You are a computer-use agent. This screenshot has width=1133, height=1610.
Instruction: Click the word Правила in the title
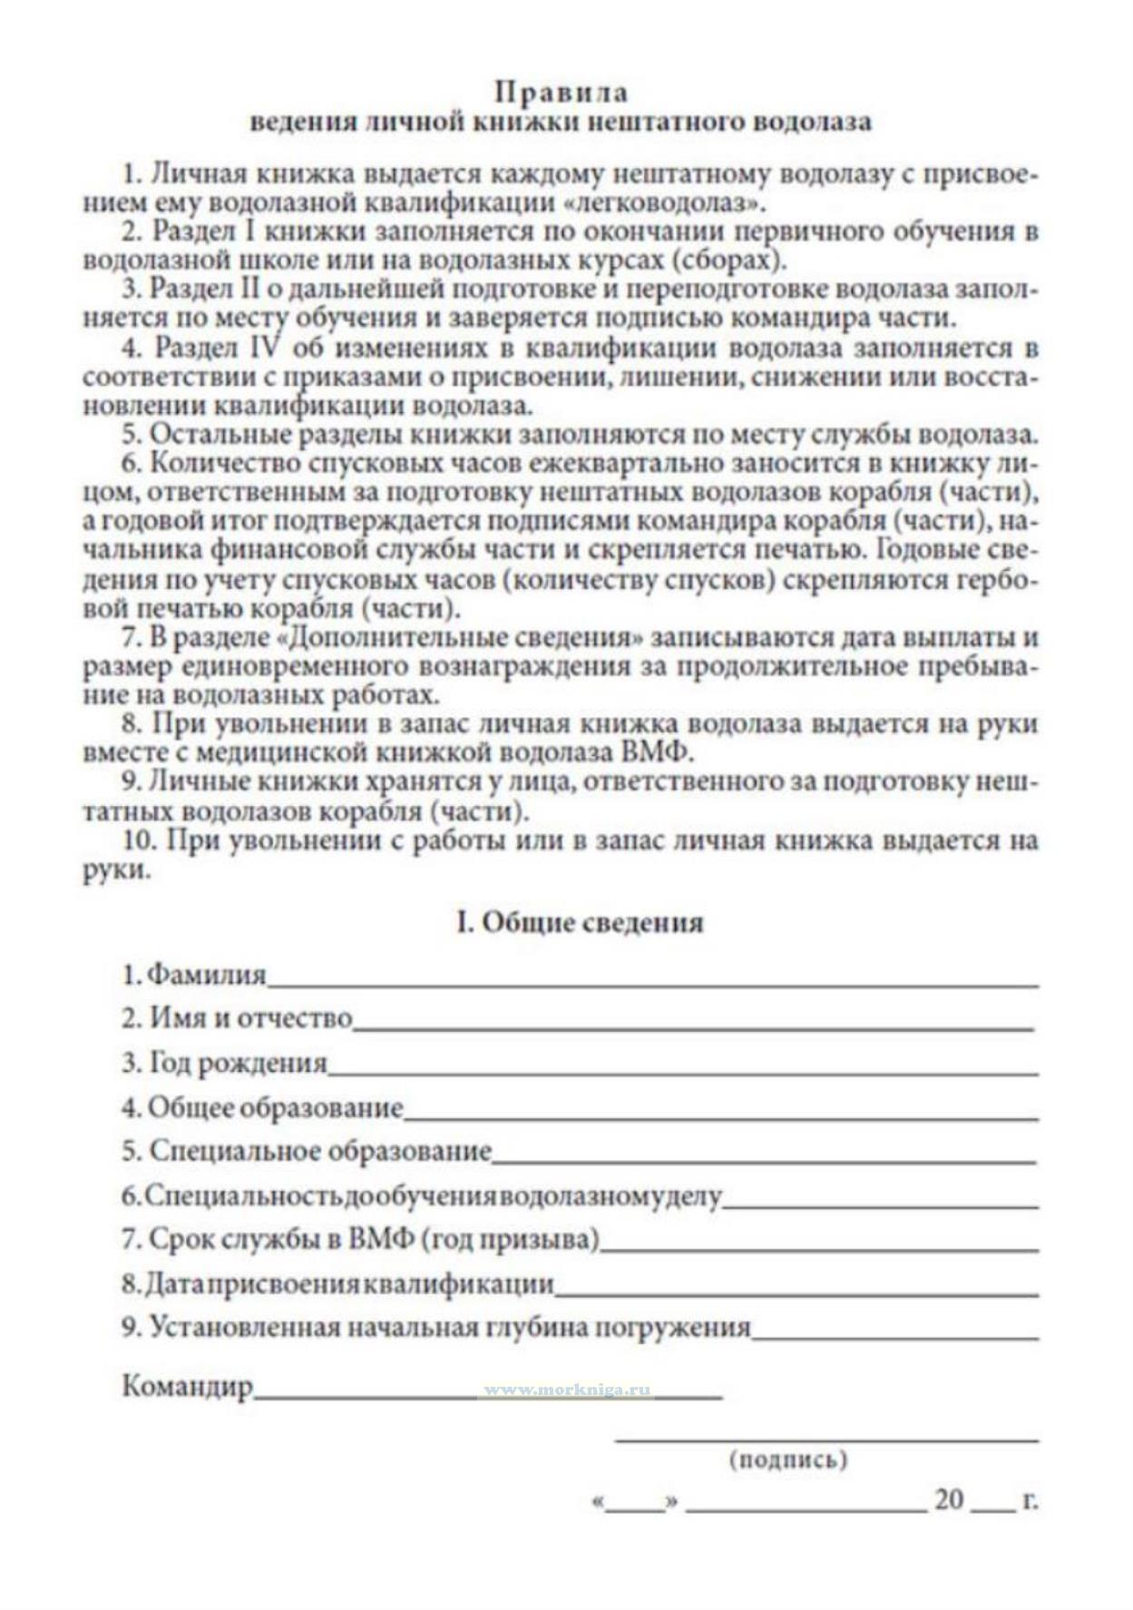coord(562,92)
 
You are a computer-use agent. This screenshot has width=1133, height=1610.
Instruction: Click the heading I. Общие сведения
coord(580,922)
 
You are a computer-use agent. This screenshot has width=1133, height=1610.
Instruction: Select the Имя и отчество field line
coord(693,1026)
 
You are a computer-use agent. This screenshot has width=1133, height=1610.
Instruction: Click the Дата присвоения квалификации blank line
coord(796,1292)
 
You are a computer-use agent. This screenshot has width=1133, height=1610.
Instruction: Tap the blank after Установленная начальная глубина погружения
coord(895,1336)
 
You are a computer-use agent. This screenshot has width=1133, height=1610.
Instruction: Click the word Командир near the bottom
coord(188,1387)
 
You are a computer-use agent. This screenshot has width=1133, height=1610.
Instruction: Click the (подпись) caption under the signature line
coord(788,1460)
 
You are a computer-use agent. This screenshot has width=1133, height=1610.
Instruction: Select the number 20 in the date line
coord(949,1499)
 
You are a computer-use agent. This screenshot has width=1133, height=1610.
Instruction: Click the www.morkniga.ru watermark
coord(568,1390)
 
